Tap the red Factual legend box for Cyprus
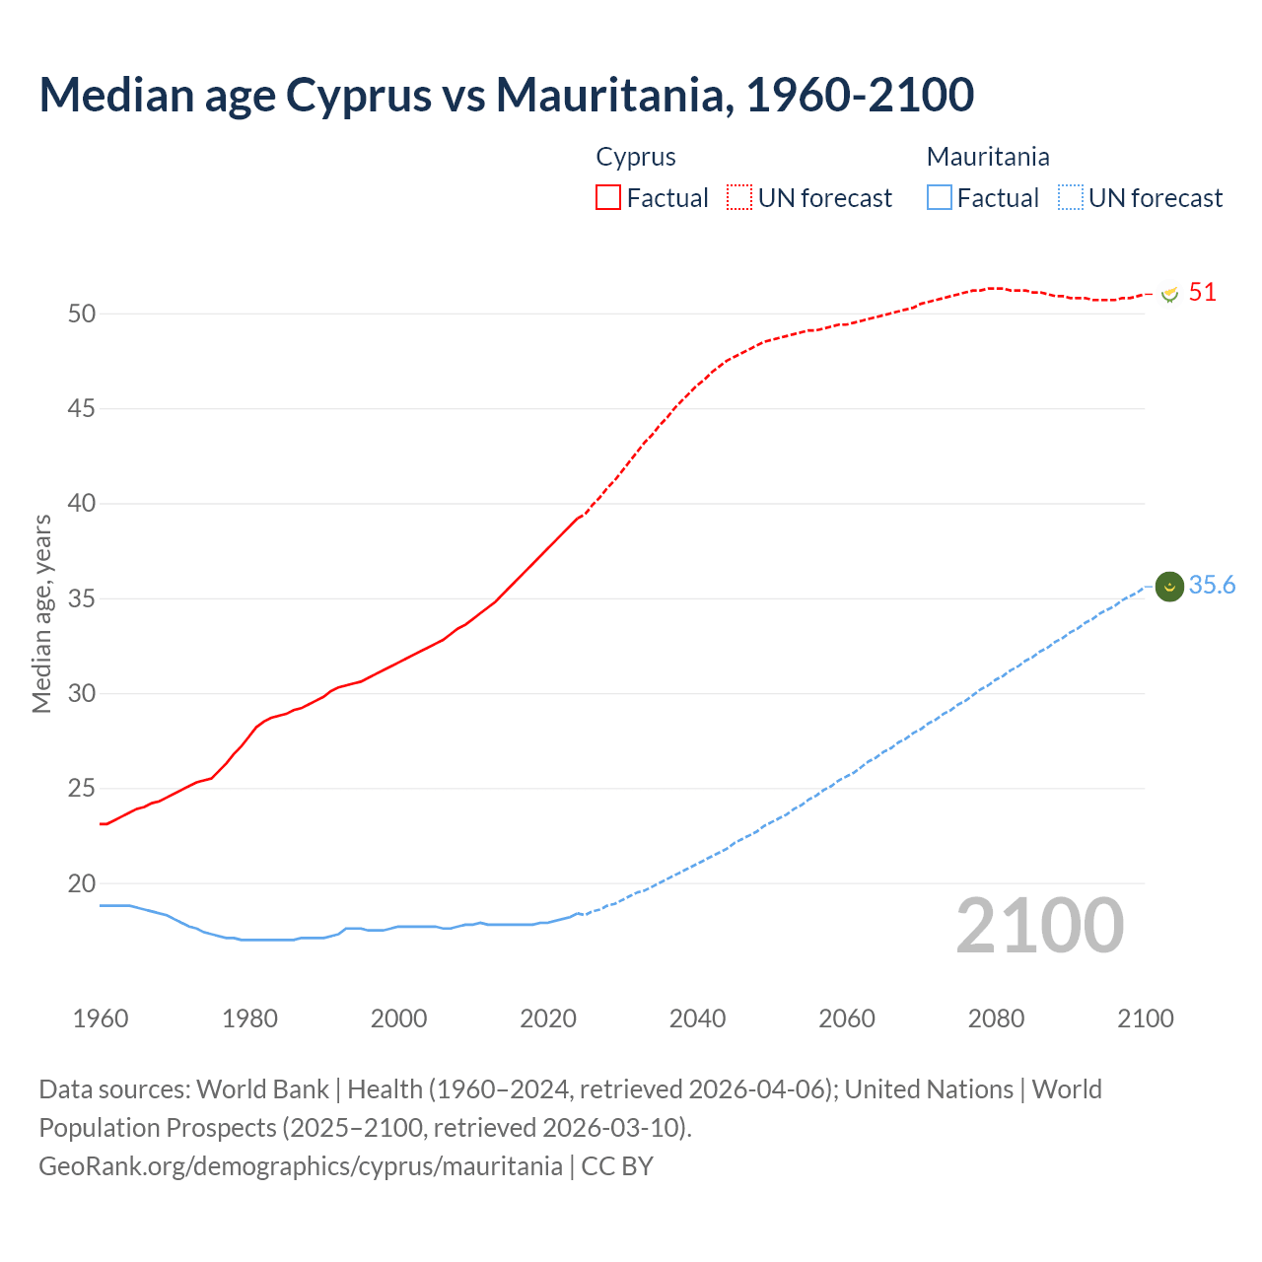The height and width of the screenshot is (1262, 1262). click(608, 197)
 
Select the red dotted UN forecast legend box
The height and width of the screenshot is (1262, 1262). click(739, 197)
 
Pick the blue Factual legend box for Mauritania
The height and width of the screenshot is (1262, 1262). click(940, 197)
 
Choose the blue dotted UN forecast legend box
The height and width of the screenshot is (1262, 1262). click(1071, 197)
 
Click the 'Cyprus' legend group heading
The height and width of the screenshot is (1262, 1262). click(636, 157)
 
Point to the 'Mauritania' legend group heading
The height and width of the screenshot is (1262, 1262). click(988, 157)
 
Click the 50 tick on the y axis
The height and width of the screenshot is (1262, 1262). click(82, 314)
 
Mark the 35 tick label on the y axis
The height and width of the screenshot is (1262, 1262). click(82, 598)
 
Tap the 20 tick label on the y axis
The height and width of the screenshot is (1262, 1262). click(82, 883)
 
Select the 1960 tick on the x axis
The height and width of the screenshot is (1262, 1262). click(101, 1018)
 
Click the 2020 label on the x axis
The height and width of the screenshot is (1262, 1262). click(548, 1018)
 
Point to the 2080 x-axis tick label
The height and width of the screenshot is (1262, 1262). click(996, 1018)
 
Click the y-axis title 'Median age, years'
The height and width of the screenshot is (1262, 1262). click(41, 613)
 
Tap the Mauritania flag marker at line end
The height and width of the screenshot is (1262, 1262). click(1169, 587)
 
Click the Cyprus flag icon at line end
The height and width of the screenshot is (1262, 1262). click(1169, 294)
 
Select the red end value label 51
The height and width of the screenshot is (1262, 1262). click(1202, 292)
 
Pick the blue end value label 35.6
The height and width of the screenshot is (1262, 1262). click(1212, 585)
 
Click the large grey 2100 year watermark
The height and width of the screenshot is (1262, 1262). click(1040, 925)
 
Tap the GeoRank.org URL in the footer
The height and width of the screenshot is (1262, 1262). click(301, 1165)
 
